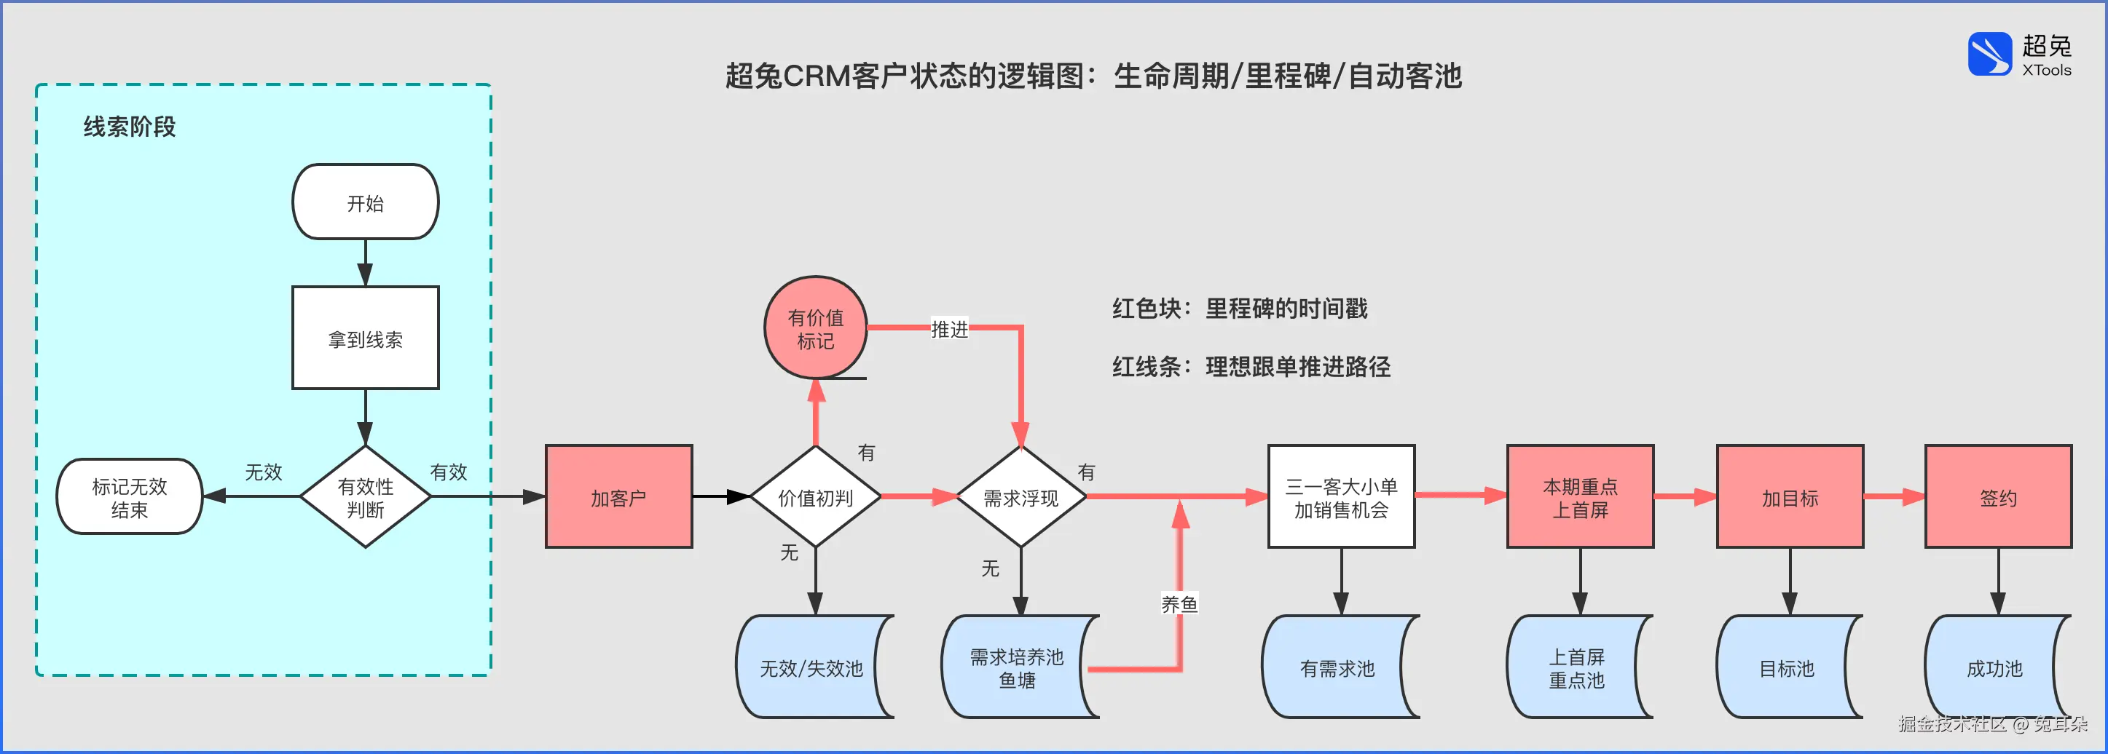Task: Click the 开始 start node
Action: point(365,202)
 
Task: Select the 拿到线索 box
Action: point(365,338)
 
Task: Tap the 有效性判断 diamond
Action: point(365,496)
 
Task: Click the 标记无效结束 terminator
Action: point(130,496)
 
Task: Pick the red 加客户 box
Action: point(618,496)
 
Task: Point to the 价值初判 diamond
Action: point(815,496)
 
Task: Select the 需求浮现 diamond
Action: point(1020,496)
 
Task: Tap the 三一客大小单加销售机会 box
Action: point(1341,496)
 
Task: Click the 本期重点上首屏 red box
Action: point(1580,496)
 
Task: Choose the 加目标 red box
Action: point(1790,496)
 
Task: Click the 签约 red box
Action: point(1997,496)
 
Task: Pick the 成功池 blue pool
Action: point(1994,667)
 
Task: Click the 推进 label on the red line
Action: point(949,329)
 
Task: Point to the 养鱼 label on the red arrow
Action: point(1179,603)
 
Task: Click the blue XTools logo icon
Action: point(1989,54)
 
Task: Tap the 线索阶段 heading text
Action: point(130,127)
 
